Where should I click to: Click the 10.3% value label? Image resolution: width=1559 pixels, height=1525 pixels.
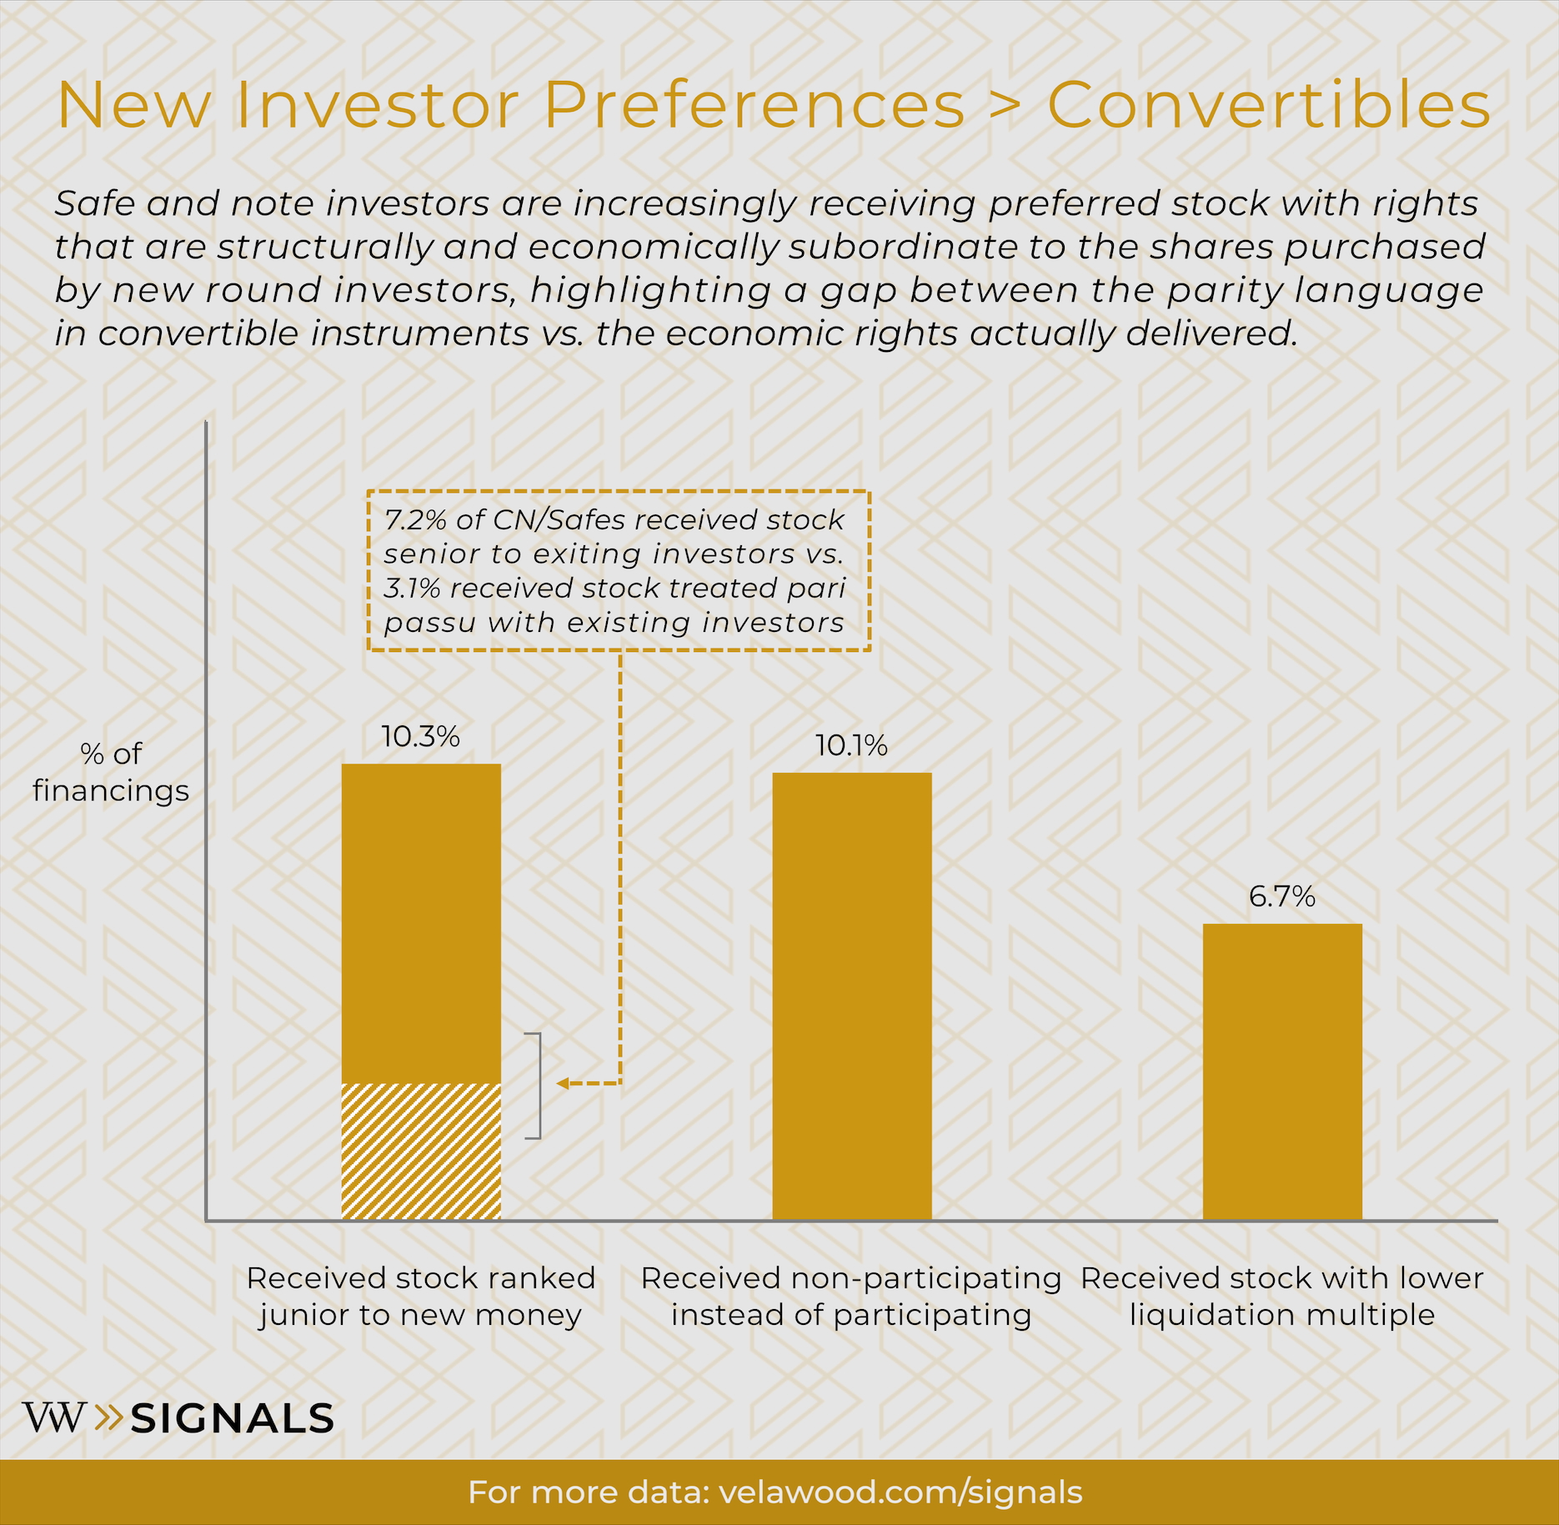tap(421, 737)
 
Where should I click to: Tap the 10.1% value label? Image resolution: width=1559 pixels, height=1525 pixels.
tap(851, 745)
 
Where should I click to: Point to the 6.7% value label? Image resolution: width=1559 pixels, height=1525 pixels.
tap(1281, 896)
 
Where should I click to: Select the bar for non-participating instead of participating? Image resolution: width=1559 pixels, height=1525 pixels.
tap(851, 996)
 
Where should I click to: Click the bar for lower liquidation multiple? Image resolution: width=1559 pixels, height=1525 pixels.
tap(1281, 1071)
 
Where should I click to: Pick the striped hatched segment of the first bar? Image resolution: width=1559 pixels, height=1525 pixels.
tap(421, 1151)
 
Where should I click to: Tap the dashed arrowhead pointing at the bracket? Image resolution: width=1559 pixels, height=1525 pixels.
tap(563, 1083)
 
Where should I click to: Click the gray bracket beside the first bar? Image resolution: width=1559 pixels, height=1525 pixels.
tap(538, 1085)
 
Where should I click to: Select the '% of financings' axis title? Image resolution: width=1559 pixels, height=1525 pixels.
tap(111, 772)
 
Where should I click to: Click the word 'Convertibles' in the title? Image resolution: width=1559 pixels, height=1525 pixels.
tap(1268, 106)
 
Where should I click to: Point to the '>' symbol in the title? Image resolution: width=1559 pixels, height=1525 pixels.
tap(1005, 106)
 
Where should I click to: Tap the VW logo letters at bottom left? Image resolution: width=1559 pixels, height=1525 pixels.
tap(54, 1417)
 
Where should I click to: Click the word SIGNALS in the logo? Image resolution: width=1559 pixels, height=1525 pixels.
tap(233, 1418)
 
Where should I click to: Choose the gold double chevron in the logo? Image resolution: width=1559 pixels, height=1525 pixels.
tap(109, 1417)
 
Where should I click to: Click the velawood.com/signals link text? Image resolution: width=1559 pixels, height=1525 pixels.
tap(900, 1492)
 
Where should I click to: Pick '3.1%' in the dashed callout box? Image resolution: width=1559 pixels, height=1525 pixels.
tap(411, 589)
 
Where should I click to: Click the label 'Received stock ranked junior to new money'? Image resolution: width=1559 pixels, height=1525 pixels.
tap(421, 1297)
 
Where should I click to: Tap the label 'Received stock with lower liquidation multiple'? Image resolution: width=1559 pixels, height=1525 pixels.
tap(1281, 1297)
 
